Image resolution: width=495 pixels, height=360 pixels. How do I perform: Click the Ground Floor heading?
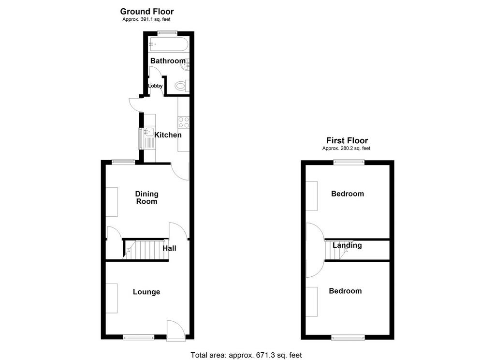pos(147,12)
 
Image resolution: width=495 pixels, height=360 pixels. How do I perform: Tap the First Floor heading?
pos(347,140)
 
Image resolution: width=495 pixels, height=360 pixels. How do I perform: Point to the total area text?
pos(246,355)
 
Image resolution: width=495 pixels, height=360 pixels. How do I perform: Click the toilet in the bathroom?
pos(182,85)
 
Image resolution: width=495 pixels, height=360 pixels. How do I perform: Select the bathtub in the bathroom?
pos(169,44)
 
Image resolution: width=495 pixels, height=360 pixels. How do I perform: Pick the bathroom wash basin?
pos(185,65)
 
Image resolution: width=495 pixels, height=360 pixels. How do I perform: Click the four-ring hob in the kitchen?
pos(183,122)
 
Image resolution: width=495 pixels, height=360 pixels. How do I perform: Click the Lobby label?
pos(155,86)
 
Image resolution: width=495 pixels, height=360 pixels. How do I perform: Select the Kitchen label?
pos(168,135)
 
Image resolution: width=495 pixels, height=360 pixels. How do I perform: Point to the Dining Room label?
pos(147,197)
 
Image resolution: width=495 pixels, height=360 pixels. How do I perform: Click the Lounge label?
pos(146,292)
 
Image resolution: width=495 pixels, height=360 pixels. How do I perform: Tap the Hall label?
pos(170,248)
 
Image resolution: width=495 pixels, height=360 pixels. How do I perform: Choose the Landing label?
pos(347,245)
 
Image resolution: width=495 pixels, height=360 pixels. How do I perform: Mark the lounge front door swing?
pos(176,330)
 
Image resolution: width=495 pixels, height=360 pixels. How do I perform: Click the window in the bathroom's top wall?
pos(167,32)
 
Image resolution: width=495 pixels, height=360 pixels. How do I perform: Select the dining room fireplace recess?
pos(112,202)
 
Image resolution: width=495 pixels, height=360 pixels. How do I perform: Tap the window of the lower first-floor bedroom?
pos(348,338)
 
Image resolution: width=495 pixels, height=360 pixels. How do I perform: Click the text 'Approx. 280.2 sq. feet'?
pos(346,148)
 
